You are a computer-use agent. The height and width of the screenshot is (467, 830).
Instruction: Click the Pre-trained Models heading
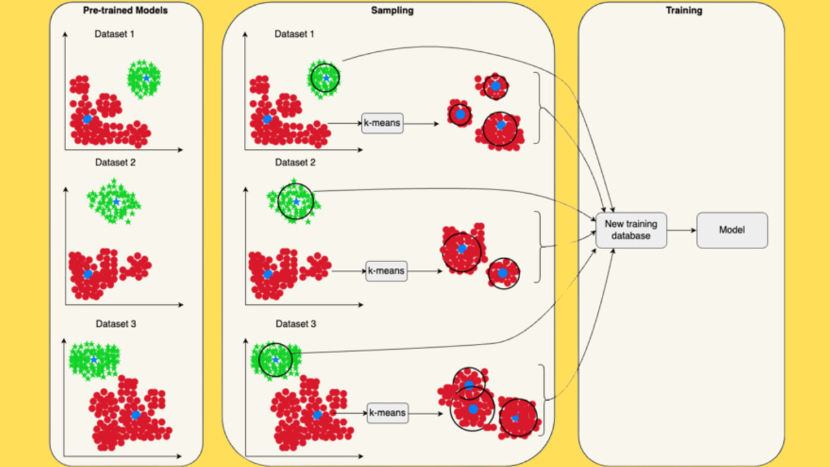point(126,10)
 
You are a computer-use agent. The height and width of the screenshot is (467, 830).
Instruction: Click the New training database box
point(632,230)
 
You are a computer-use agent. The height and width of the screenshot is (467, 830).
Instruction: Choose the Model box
point(732,230)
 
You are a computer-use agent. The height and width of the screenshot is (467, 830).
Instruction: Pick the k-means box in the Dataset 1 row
point(383,123)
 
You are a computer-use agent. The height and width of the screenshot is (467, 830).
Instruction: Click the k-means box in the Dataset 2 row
point(386,270)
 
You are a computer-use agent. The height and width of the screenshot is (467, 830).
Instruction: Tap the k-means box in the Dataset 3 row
point(388,413)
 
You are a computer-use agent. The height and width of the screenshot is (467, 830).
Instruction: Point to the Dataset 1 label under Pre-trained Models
point(115,34)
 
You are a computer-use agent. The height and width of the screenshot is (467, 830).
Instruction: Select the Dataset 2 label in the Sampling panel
point(295,162)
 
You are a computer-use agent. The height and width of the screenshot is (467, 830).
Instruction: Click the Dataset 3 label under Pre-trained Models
point(116,323)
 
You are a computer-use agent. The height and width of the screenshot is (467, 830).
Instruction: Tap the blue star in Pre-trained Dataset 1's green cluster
point(147,78)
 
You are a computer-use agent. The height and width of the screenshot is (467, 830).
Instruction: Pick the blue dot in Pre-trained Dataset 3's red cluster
point(136,414)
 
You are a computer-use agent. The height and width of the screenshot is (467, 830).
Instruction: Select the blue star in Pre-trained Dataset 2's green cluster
point(116,202)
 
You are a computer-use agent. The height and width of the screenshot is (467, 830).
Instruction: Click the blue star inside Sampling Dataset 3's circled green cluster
point(276,359)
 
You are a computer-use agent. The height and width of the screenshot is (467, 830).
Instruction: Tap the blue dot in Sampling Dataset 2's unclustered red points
point(268,274)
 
